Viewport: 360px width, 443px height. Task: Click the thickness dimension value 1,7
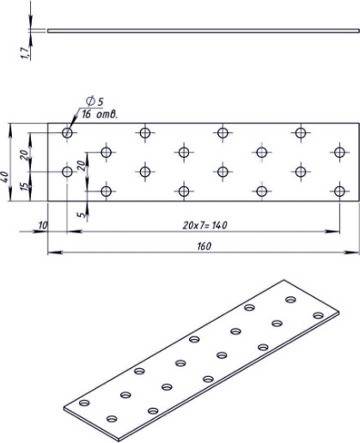[x=29, y=54]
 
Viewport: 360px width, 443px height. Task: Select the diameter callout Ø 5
[x=93, y=102]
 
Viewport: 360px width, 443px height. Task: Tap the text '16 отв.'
[x=100, y=114]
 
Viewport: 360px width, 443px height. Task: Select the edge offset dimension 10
[x=42, y=225]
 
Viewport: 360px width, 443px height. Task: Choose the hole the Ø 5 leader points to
[x=68, y=133]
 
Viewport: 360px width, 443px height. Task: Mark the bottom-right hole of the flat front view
[x=340, y=191]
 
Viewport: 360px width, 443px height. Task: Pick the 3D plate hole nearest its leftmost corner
[x=83, y=403]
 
